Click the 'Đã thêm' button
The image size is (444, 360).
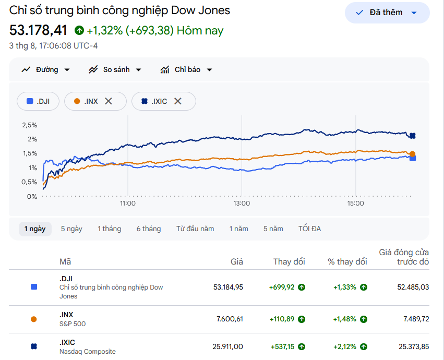(387, 13)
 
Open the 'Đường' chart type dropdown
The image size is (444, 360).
(45, 70)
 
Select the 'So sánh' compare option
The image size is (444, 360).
(115, 70)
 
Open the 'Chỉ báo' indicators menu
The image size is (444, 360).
(186, 70)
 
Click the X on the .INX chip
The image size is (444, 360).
(109, 101)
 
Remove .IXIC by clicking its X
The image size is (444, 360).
(177, 101)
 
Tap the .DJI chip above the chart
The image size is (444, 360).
(38, 101)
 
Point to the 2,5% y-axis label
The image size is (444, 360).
(30, 125)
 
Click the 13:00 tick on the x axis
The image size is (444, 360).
(242, 203)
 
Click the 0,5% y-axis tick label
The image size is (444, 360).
(29, 182)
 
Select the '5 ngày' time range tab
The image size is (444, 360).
(71, 229)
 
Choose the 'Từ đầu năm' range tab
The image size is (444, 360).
(195, 229)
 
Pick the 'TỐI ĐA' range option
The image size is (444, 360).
(309, 229)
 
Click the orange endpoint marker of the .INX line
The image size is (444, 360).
(412, 154)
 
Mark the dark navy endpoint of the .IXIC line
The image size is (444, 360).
(413, 136)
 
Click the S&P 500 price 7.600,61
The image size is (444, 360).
(230, 319)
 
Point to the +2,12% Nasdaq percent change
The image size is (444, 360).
(345, 346)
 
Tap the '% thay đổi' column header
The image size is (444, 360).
(347, 262)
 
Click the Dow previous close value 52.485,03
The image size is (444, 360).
(413, 287)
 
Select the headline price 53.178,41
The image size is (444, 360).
(38, 30)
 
